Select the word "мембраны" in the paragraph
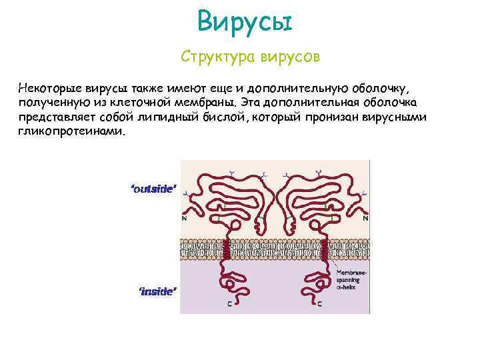203,103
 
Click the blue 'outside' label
154,189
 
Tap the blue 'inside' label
157,291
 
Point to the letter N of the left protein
184,218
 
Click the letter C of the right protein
320,304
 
